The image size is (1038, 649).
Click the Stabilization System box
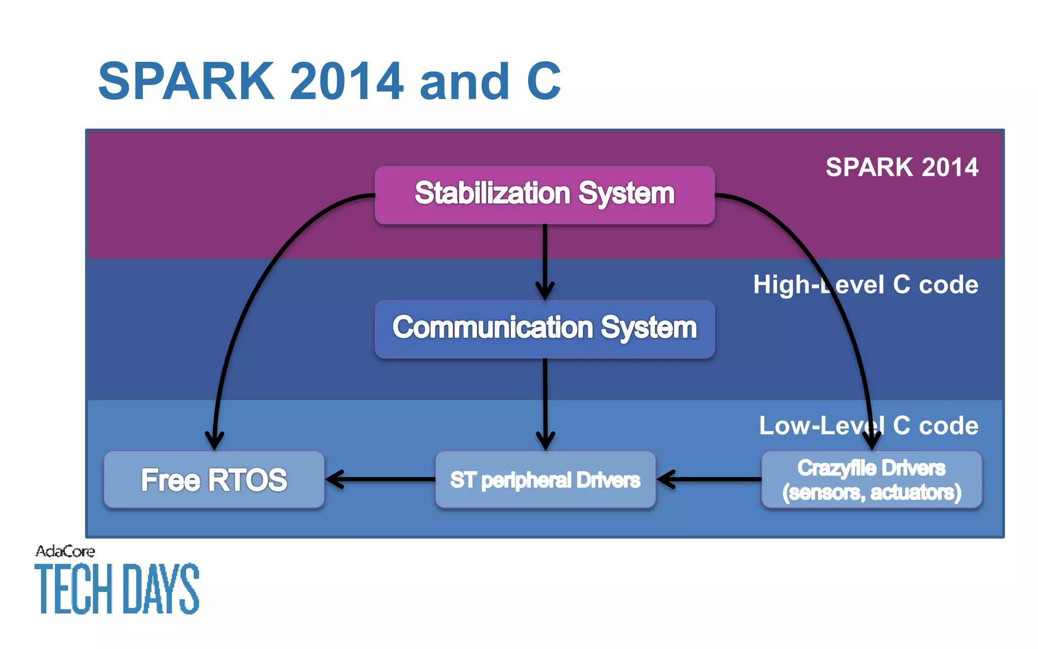pyautogui.click(x=544, y=195)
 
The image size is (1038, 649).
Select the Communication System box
pyautogui.click(x=544, y=329)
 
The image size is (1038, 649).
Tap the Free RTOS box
pyautogui.click(x=214, y=480)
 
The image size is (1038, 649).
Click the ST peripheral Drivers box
pyautogui.click(x=545, y=480)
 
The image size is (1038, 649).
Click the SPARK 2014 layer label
pyautogui.click(x=902, y=167)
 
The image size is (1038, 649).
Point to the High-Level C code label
pyautogui.click(x=865, y=284)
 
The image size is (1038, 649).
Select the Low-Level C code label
pyautogui.click(x=868, y=425)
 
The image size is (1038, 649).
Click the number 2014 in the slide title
pyautogui.click(x=347, y=81)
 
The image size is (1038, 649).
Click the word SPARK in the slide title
pyautogui.click(x=186, y=81)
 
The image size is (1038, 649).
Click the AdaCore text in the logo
pyautogui.click(x=65, y=551)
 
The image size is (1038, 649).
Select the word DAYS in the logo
pyautogui.click(x=161, y=588)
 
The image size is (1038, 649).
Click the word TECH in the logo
pyautogui.click(x=73, y=588)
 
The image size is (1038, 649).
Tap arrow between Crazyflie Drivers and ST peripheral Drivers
pyautogui.click(x=710, y=479)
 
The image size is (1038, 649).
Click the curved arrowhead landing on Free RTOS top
pyautogui.click(x=214, y=440)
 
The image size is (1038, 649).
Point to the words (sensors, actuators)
pyautogui.click(x=871, y=492)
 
